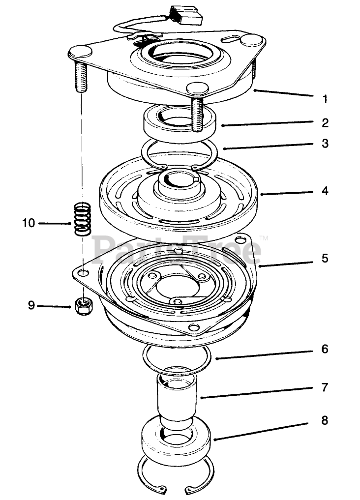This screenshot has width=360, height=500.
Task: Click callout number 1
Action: [x=325, y=98]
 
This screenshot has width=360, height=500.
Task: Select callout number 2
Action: [x=325, y=122]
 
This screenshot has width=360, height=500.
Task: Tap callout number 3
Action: [x=325, y=145]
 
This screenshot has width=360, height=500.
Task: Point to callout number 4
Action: [x=325, y=190]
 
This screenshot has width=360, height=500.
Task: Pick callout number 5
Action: [x=325, y=258]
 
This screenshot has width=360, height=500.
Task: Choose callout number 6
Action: [x=325, y=349]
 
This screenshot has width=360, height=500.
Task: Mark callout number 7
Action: [x=325, y=388]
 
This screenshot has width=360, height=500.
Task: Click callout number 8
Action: [x=325, y=420]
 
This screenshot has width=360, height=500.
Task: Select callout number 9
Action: [x=31, y=305]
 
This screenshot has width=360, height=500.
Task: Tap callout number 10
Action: [x=28, y=223]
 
